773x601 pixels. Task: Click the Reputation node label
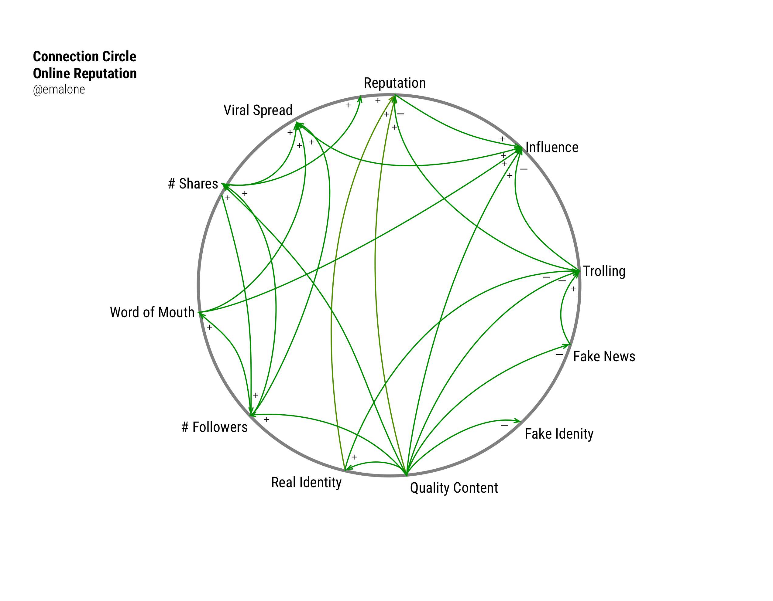395,83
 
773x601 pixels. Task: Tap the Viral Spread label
258,110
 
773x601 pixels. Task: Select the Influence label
552,148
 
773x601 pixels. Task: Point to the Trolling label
604,271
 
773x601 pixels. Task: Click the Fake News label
604,356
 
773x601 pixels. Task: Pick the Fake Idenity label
559,434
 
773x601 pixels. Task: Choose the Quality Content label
454,488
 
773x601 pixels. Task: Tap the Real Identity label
306,482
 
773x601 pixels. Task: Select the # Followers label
214,427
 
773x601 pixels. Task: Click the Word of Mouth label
152,313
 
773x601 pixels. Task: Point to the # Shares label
193,184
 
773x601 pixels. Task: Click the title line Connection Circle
84,56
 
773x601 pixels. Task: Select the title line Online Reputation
84,73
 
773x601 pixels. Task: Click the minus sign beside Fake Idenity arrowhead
504,425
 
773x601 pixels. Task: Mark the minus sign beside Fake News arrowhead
559,354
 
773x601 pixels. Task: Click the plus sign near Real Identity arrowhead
354,457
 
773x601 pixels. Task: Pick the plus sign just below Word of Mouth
210,328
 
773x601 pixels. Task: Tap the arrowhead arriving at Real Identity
348,469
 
